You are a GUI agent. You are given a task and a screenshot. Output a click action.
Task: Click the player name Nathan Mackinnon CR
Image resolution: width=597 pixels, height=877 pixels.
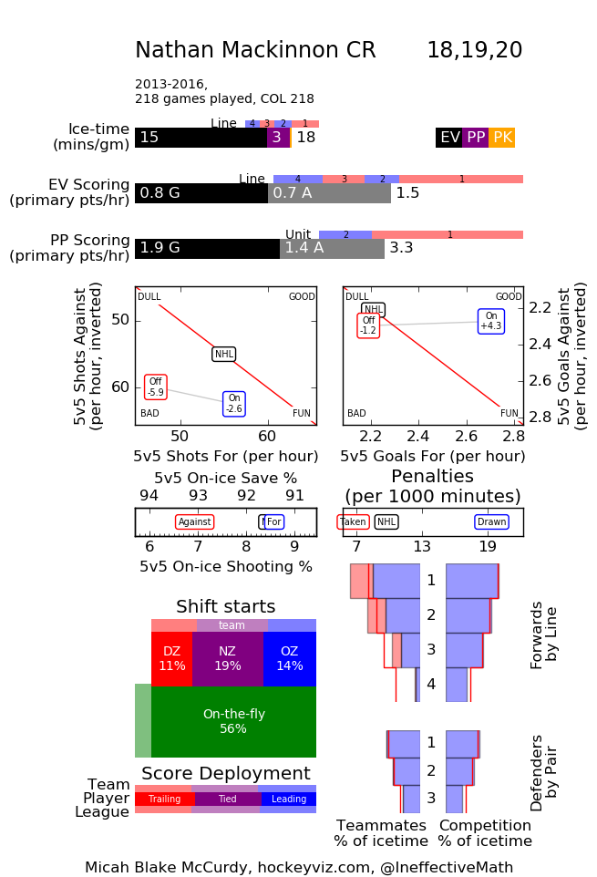[x=255, y=51]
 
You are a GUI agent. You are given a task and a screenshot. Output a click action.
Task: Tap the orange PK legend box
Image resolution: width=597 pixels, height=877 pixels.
[x=502, y=138]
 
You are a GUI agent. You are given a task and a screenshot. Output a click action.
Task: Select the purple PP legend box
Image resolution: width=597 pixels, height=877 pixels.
[x=476, y=138]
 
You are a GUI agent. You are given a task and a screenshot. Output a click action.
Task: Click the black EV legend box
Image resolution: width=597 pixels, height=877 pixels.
[x=449, y=138]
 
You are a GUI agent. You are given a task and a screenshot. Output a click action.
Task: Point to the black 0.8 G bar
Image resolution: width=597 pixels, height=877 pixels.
[x=201, y=193]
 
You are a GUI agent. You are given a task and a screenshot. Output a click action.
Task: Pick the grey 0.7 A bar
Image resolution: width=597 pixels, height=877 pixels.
[x=329, y=193]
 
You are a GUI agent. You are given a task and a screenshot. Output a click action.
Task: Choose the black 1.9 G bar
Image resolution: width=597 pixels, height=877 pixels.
[x=207, y=249]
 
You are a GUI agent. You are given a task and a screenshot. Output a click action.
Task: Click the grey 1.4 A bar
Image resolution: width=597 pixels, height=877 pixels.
[x=332, y=249]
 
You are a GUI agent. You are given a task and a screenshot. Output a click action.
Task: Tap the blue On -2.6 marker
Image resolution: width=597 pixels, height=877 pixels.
[x=234, y=403]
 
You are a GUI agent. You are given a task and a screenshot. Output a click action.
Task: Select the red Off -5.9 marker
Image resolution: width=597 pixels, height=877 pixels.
[x=155, y=387]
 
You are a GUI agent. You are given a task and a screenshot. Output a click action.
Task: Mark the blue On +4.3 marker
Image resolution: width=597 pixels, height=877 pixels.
[x=491, y=321]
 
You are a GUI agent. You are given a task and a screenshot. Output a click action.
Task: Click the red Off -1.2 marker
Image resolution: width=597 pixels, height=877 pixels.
[x=368, y=325]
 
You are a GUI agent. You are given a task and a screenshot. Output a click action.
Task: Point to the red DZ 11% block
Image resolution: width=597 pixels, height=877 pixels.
[x=171, y=658]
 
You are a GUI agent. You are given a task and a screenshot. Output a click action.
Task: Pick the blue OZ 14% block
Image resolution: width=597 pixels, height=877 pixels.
[x=290, y=658]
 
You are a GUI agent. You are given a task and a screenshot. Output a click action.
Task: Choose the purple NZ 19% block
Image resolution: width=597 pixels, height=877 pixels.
[x=228, y=658]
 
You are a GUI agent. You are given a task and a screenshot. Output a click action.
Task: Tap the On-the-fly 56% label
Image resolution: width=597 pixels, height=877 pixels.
[x=233, y=722]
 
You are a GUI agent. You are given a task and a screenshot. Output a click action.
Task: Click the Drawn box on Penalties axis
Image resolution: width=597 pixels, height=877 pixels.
[x=492, y=522]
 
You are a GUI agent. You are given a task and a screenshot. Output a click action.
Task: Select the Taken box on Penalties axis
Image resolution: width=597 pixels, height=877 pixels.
[x=353, y=522]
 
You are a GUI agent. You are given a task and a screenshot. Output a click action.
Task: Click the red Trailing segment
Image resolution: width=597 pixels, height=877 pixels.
[x=165, y=800]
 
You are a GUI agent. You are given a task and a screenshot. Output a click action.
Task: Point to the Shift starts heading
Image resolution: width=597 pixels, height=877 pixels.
[x=225, y=607]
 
